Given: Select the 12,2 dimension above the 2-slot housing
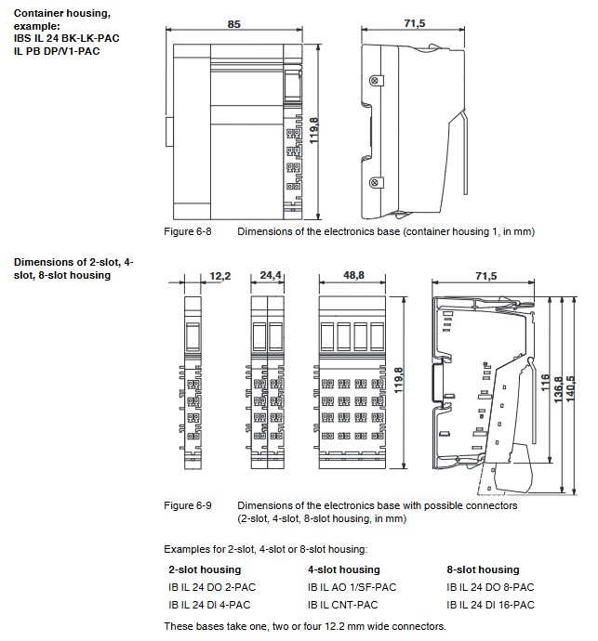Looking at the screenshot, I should click(219, 276).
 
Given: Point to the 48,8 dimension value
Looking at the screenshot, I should click(353, 276).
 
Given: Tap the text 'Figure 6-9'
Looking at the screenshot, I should click(188, 505).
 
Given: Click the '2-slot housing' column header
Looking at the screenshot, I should click(205, 569).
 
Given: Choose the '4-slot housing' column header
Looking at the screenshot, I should click(343, 569).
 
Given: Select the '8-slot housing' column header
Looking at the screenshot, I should click(483, 569).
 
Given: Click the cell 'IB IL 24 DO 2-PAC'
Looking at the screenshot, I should click(212, 587).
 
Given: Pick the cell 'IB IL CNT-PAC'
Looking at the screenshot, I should click(342, 605).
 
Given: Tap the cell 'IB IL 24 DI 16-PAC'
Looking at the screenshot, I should click(491, 605).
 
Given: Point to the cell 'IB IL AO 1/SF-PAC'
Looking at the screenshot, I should click(352, 587).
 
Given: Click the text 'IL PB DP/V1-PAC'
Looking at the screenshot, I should click(57, 51).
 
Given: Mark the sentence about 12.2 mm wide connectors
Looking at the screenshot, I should click(304, 625).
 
